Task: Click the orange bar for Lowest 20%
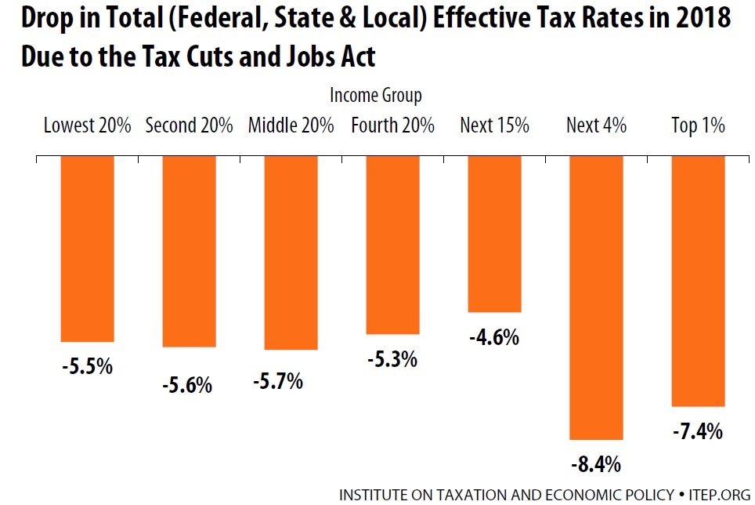[87, 248]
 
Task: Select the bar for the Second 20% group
[189, 250]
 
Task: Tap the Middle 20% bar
[291, 252]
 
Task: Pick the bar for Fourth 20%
[392, 244]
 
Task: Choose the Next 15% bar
[494, 234]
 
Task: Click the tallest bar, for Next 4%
[596, 297]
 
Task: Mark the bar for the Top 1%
[698, 281]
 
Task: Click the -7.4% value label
[697, 431]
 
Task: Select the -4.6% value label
[494, 338]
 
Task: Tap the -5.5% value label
[87, 366]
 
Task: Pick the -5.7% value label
[277, 383]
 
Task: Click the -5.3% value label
[392, 360]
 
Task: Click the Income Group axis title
[376, 96]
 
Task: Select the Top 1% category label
[698, 125]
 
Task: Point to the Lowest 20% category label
[87, 125]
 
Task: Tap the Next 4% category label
[596, 125]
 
